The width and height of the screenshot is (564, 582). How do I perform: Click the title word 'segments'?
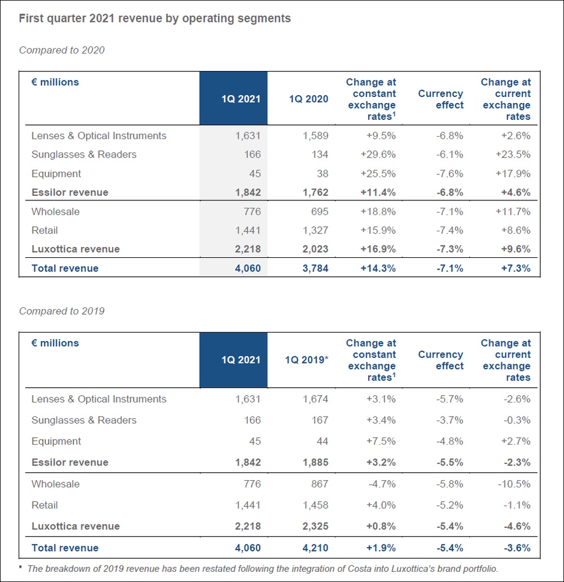tap(266, 19)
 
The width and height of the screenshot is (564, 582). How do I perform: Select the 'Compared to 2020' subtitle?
tap(62, 50)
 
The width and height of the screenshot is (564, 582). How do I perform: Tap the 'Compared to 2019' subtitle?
tap(62, 311)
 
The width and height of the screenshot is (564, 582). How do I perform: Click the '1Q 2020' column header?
tap(308, 99)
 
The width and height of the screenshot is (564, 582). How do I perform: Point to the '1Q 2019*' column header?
tap(306, 360)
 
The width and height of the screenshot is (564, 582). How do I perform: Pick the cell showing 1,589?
tap(315, 136)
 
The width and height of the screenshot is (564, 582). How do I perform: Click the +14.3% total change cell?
tap(378, 268)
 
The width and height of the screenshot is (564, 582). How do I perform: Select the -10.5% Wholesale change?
tap(514, 484)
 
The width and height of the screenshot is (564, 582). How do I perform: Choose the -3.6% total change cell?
tap(516, 548)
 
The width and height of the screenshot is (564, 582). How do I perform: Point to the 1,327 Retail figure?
tap(315, 230)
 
